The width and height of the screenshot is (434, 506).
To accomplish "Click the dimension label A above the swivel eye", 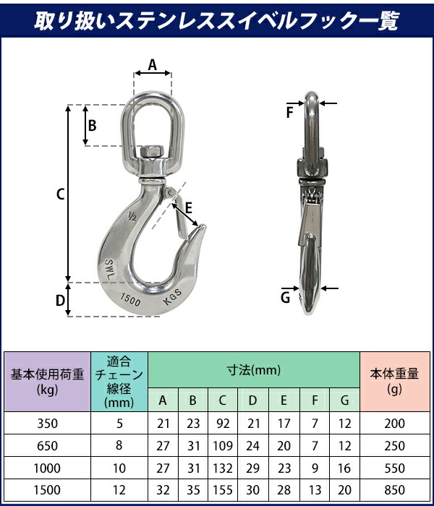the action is coord(153,65).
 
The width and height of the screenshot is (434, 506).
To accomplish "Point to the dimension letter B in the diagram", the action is coord(93,125).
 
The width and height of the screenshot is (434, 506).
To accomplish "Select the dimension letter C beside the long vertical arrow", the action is coord(60,194).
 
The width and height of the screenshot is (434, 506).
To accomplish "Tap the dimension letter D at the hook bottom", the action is coord(60,301).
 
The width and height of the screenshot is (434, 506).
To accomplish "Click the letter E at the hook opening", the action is coord(189,208).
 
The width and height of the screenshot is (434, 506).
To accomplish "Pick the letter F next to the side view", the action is coord(289,113).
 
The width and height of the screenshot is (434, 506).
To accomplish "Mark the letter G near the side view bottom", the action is coord(285,298).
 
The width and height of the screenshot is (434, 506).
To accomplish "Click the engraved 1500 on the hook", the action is coord(130,299).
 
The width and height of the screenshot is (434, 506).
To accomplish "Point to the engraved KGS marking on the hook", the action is coord(172,296).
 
